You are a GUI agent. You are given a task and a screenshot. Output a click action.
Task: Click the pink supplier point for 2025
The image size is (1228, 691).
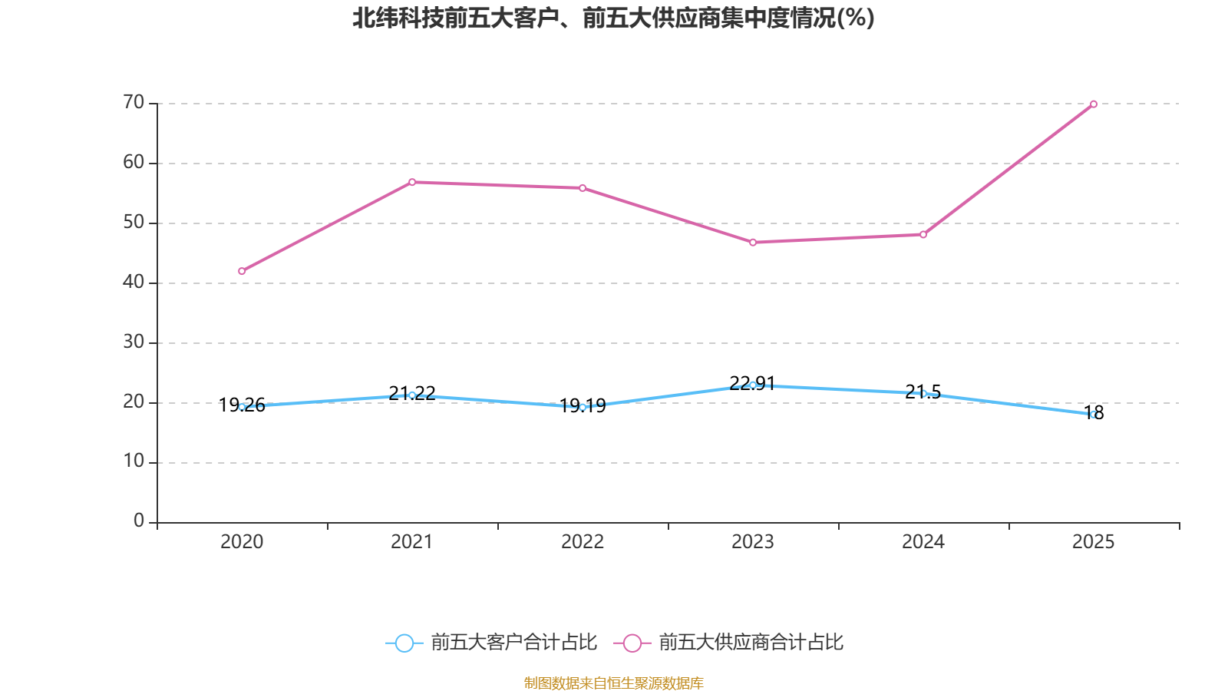coord(1094,104)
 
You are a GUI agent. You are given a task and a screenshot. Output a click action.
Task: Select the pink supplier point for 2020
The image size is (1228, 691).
coord(242,271)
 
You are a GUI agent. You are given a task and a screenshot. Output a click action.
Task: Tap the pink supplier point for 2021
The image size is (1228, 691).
coord(412,182)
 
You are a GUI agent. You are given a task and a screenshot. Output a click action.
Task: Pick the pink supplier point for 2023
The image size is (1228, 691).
coord(753,243)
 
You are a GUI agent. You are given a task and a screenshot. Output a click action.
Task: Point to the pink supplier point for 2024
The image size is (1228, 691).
coord(923,234)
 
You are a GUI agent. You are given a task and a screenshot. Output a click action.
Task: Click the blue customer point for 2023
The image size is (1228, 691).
coord(753,385)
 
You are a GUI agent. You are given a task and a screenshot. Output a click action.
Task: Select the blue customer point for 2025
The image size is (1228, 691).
coord(1094,415)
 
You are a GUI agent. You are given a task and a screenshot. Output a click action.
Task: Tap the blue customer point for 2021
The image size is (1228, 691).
coord(412,395)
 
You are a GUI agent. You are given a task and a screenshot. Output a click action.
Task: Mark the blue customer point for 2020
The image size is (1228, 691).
coord(242,407)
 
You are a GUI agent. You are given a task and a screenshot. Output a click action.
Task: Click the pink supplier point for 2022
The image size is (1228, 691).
coord(583,188)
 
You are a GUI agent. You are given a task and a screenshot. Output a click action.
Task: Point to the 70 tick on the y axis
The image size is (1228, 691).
coord(134,102)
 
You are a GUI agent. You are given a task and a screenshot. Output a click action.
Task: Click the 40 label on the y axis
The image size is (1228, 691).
coord(134,282)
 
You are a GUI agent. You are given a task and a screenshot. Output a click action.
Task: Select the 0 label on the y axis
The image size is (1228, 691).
coord(139,521)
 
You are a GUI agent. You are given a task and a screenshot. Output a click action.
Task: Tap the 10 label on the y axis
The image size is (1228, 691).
coord(134,461)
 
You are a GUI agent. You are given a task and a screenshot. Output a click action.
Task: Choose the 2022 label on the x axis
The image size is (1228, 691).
coord(583,542)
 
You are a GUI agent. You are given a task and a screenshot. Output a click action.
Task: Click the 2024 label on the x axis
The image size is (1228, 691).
coord(923,542)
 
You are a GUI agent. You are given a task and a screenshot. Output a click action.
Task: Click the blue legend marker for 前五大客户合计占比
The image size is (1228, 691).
coord(404,643)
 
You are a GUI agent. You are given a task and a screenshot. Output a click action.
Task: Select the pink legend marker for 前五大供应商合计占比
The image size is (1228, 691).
coord(632,643)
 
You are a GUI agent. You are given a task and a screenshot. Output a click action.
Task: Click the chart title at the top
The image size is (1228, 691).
coord(613,18)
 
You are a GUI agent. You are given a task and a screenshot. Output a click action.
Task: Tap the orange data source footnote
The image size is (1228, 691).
coord(613,683)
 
